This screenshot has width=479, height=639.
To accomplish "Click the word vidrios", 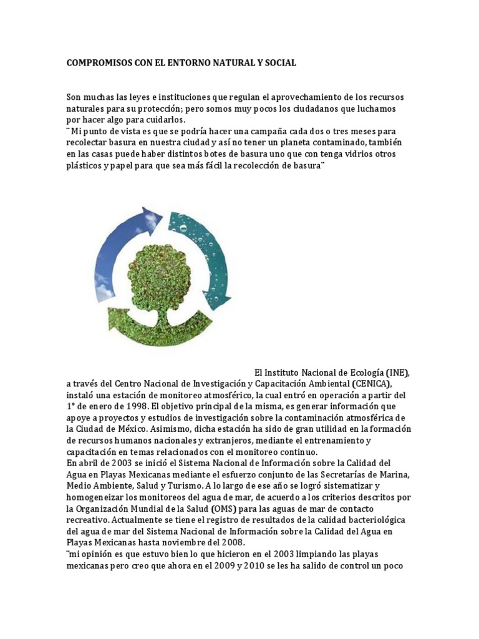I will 362,154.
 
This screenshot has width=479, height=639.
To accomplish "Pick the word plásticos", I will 85,165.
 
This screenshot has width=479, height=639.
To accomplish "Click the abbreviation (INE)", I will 397,373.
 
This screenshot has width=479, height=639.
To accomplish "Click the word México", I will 135,429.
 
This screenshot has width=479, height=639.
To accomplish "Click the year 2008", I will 230,542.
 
